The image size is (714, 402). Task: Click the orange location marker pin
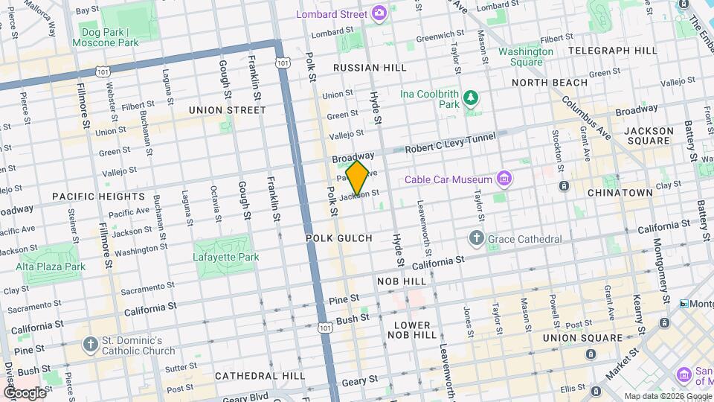tap(358, 177)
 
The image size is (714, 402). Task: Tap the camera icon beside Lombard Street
tap(379, 13)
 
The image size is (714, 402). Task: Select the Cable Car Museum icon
tap(505, 179)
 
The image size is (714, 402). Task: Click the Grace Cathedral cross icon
tap(477, 239)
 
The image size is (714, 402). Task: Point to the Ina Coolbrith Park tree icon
tap(470, 97)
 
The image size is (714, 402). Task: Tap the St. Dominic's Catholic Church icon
tap(90, 345)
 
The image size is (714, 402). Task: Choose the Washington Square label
tap(525, 57)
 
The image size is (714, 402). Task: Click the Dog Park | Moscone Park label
tap(105, 37)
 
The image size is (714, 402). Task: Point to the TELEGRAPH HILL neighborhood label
tap(612, 51)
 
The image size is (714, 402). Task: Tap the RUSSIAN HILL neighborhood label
tap(370, 68)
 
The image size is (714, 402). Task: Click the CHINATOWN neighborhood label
tap(620, 192)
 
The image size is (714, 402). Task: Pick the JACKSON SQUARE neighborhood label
tap(649, 135)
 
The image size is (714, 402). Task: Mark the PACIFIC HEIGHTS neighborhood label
tap(98, 197)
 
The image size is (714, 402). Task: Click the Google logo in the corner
tap(24, 392)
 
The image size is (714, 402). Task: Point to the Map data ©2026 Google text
tap(666, 396)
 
